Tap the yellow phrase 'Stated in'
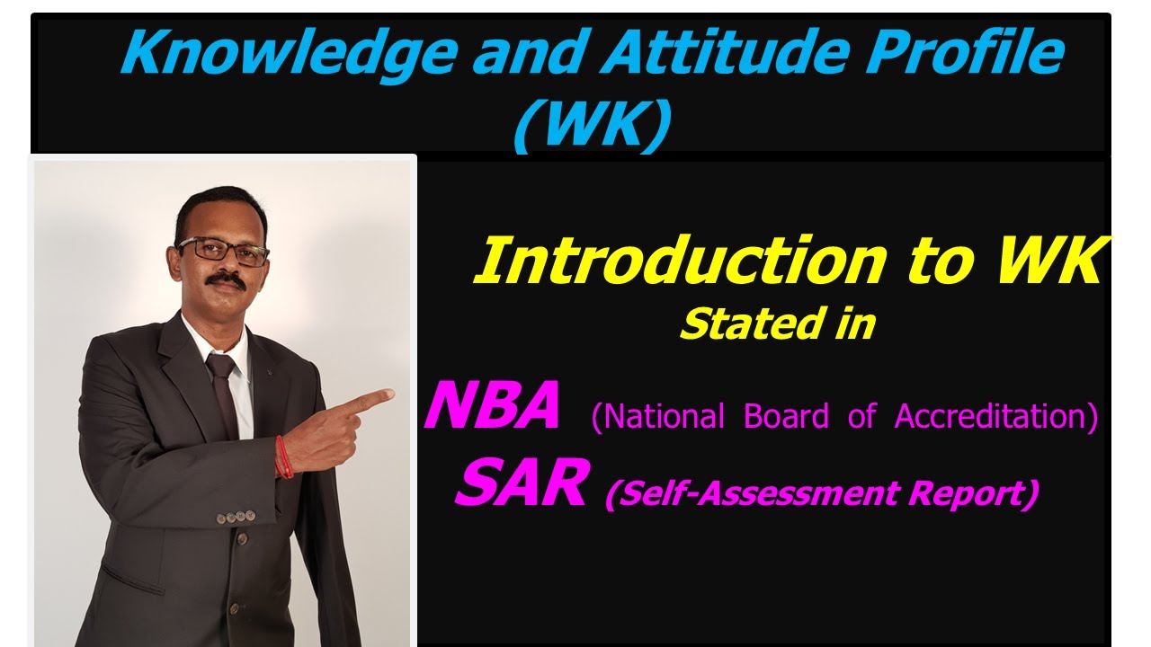pos(777,324)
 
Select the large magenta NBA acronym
pos(493,407)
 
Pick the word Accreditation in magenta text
pos(996,417)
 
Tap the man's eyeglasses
pos(224,251)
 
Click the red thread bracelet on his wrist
pos(283,456)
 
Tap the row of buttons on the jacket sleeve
pos(238,517)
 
